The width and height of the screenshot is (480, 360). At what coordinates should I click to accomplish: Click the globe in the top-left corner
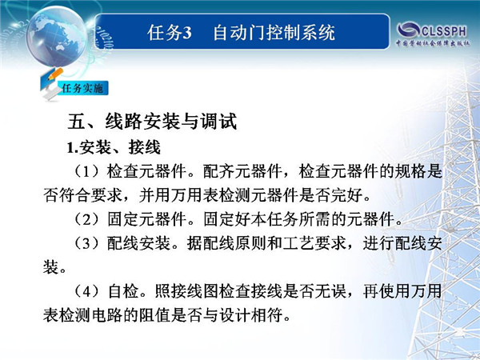57,36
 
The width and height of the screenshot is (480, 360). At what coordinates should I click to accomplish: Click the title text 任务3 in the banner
170,32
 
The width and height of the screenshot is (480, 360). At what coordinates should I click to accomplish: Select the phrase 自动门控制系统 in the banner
274,32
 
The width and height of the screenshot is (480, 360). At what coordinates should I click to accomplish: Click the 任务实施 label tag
82,88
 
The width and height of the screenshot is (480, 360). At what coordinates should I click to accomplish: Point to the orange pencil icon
54,74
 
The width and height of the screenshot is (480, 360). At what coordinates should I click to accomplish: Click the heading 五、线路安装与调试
152,122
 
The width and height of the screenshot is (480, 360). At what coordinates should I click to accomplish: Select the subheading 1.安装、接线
114,147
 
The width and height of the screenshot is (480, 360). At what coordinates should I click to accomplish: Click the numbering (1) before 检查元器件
87,171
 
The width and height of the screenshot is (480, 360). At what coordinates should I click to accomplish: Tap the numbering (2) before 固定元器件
87,219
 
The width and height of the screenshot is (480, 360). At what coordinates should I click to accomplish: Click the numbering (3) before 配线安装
87,243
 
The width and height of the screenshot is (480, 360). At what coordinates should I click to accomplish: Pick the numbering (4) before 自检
87,291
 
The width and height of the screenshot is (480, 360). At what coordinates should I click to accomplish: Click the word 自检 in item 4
123,291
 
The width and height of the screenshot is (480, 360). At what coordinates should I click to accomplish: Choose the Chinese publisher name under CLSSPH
433,43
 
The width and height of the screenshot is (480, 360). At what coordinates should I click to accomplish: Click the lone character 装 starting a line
51,267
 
